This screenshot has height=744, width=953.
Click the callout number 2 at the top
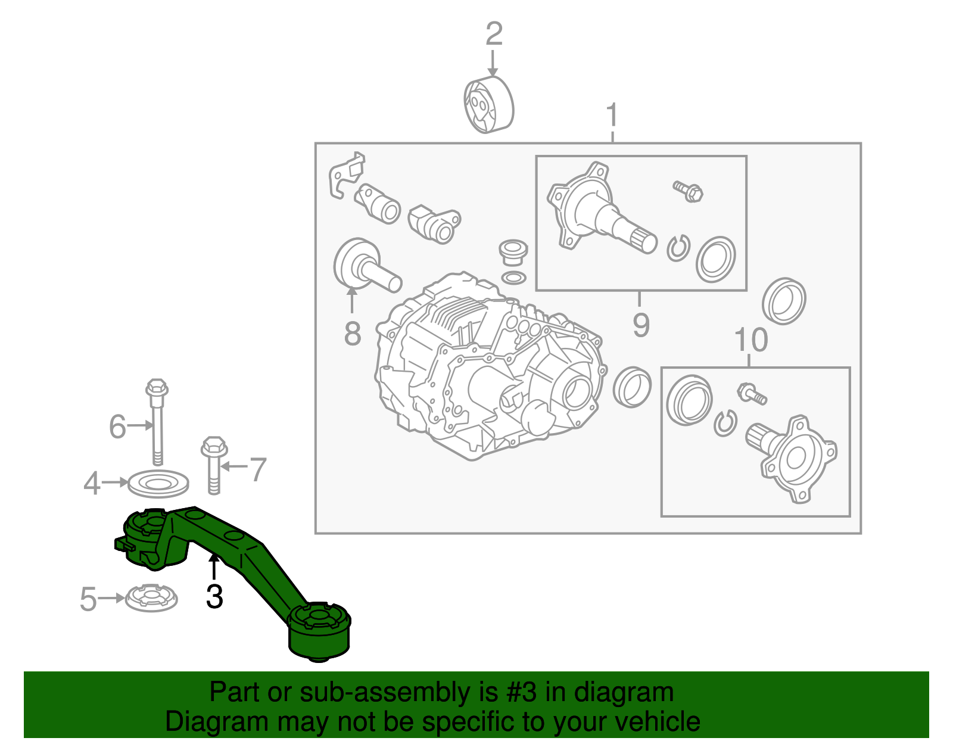tap(494, 35)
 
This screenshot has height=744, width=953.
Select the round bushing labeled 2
tap(488, 105)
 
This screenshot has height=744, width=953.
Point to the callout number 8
tap(353, 333)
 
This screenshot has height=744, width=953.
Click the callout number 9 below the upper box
tap(641, 325)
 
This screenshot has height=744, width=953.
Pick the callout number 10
tap(751, 340)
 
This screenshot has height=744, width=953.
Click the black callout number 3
tap(214, 596)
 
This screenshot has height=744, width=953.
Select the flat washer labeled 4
tap(158, 483)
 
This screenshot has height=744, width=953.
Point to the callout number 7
tap(257, 469)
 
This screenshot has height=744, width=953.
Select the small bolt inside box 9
tap(689, 191)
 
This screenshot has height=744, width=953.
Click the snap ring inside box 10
tap(725, 423)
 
